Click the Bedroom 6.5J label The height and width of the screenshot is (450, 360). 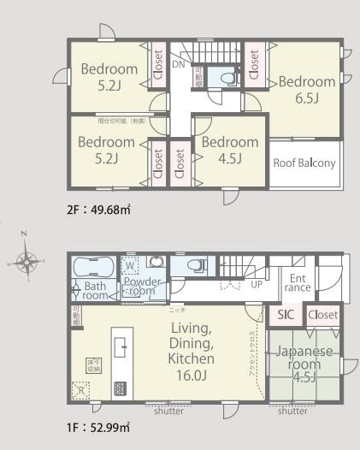(x=306, y=89)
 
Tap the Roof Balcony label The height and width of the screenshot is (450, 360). (x=304, y=163)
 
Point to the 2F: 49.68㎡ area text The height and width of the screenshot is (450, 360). (x=100, y=208)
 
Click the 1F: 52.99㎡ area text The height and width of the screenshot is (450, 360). (x=99, y=426)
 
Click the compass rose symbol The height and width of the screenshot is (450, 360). (x=27, y=262)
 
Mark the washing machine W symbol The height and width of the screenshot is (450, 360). (x=132, y=263)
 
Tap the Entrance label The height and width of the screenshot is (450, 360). (x=298, y=282)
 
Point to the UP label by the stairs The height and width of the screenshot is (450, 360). (x=256, y=284)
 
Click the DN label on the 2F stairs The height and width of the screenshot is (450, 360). (x=178, y=64)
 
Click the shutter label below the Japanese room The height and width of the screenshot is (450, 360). (x=292, y=412)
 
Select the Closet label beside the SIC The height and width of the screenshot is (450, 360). (x=322, y=315)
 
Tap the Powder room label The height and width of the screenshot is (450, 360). (x=142, y=286)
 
